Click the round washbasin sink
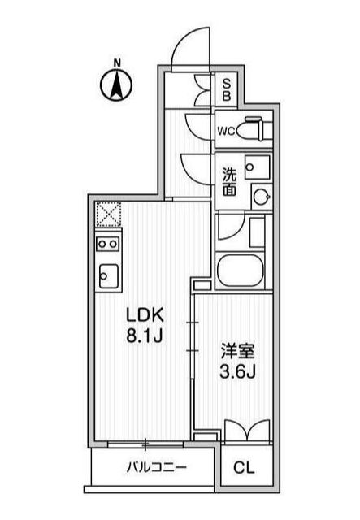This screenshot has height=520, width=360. (x=261, y=196)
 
